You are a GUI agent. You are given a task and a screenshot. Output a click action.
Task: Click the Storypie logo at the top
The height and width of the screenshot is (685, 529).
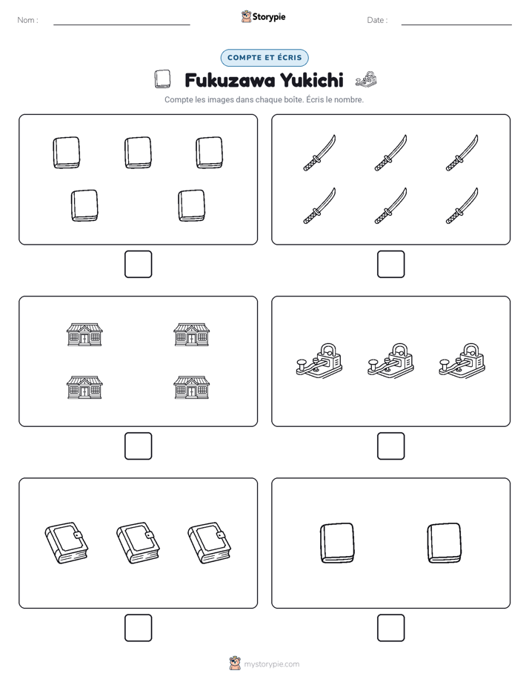[x=263, y=16]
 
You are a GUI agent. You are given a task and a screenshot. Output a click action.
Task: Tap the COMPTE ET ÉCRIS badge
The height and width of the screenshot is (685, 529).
[x=264, y=58]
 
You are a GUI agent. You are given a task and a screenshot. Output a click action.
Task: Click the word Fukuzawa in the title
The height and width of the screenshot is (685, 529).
[x=230, y=80]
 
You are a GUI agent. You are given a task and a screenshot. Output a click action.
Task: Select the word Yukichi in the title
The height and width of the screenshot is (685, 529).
[x=312, y=80]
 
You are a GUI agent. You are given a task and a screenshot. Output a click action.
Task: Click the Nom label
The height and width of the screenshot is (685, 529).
[x=27, y=20]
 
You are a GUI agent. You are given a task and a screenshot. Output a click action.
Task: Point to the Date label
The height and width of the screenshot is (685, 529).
[x=377, y=20]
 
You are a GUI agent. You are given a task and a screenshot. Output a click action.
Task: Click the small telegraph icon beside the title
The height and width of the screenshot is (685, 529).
[x=366, y=80]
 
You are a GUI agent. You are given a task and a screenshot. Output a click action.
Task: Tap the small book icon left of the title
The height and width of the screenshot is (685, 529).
[x=163, y=79]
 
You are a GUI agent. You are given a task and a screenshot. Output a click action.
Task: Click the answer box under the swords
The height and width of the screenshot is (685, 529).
[x=390, y=265]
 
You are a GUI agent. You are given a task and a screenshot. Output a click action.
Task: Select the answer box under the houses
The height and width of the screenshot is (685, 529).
[x=139, y=446]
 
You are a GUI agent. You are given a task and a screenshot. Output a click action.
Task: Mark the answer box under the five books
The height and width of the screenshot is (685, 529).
[x=139, y=265]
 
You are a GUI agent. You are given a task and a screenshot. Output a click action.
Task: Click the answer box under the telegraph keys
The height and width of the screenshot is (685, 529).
[x=390, y=446]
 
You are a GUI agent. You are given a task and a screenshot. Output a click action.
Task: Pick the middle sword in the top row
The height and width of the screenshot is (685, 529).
[x=390, y=153]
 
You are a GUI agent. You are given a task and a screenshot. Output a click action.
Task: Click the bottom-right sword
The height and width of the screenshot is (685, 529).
[x=462, y=206]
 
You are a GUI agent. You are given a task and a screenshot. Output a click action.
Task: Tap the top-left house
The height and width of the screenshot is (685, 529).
[x=84, y=334]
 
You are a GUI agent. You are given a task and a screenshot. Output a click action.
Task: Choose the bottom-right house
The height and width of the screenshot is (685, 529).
[x=192, y=388]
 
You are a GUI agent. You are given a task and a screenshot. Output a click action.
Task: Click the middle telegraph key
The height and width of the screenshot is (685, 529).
[x=390, y=360]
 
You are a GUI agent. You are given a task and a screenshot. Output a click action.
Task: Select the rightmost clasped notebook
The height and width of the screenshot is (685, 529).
[x=210, y=543]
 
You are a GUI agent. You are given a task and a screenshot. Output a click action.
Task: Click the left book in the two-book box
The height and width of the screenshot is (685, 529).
[x=337, y=543]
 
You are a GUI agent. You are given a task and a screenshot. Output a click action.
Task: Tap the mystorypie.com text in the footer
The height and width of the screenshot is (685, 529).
[x=271, y=664]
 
